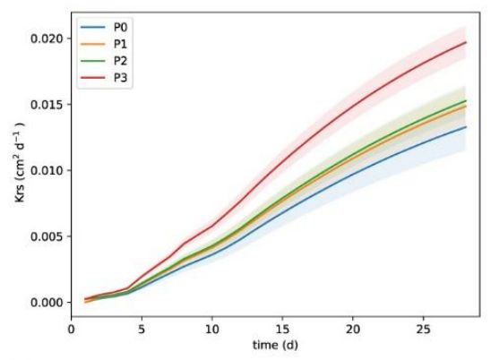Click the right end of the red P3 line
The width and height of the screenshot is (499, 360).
[x=466, y=43]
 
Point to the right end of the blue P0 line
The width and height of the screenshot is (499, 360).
[x=466, y=127]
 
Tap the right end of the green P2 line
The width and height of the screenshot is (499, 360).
[x=466, y=101]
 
